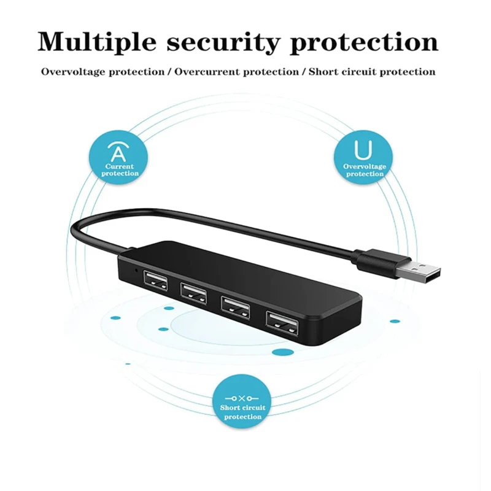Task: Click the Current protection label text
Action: point(120,170)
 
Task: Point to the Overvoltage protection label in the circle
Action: point(365,170)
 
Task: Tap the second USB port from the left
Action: point(193,290)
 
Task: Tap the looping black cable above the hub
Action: point(184,214)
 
